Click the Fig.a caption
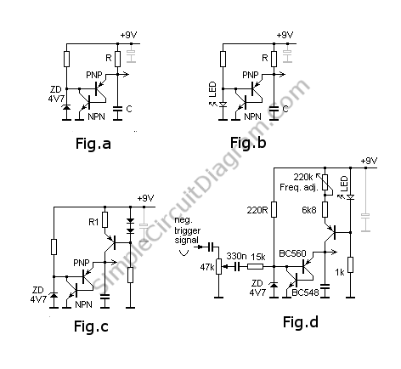[93, 144]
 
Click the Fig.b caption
[248, 143]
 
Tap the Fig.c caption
[91, 326]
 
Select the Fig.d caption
[301, 322]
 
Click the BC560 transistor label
[292, 253]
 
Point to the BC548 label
[305, 292]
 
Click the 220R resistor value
[257, 210]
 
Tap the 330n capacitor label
[236, 256]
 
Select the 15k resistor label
[258, 257]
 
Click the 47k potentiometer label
[207, 267]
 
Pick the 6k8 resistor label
[309, 210]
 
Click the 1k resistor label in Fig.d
[340, 272]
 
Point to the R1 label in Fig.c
[93, 222]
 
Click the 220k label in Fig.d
[303, 177]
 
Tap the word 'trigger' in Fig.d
[188, 230]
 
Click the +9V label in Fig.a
[128, 35]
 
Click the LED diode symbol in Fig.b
[223, 105]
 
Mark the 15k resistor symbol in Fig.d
[255, 266]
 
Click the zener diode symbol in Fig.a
[66, 107]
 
